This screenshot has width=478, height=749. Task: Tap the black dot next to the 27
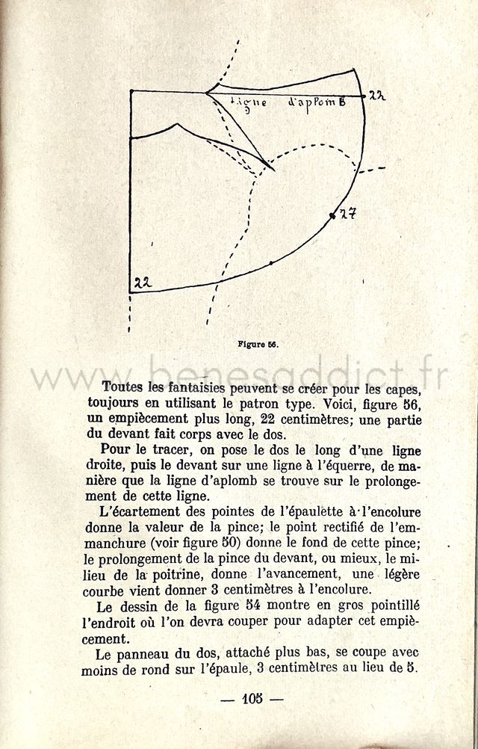(332, 215)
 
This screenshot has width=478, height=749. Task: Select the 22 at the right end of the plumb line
(376, 95)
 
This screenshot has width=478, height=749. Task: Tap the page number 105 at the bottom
(255, 700)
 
